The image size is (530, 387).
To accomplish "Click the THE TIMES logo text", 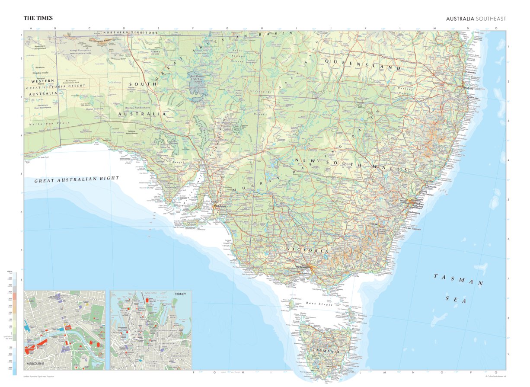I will click(38, 18).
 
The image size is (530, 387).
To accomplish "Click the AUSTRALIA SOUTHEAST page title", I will click(476, 19).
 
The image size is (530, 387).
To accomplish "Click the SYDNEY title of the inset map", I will click(180, 294).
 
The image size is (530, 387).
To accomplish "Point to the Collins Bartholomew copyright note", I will click(495, 376).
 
